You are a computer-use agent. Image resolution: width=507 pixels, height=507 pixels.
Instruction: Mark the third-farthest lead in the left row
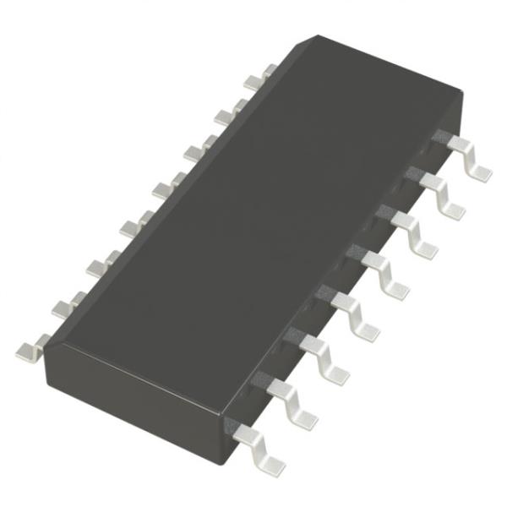coord(194,150)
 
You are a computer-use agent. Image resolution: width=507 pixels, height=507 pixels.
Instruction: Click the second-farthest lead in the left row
coord(223,114)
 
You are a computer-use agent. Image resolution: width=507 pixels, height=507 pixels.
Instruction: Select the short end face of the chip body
coord(135,372)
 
